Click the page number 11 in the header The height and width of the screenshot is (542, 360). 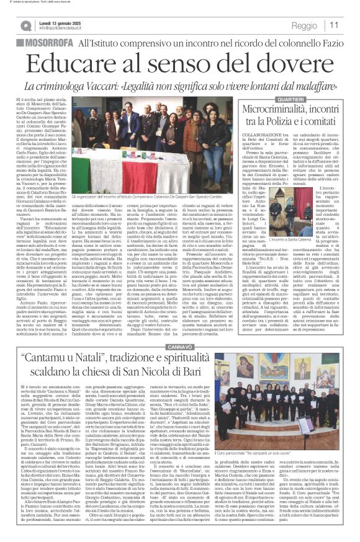(x=351, y=25)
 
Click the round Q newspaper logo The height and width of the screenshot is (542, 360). (x=25, y=25)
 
